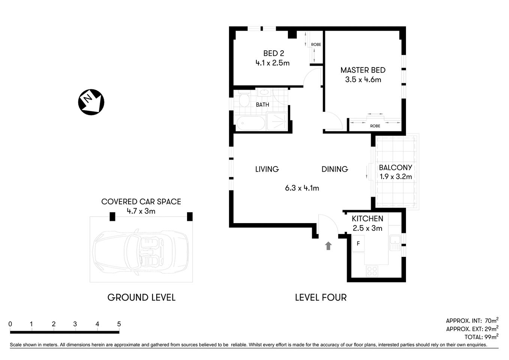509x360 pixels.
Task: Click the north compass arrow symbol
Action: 91,102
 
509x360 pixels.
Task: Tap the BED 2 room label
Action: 273,54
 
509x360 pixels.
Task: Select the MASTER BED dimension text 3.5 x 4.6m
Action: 363,79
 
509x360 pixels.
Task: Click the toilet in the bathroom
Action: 244,99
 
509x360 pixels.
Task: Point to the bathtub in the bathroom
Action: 250,123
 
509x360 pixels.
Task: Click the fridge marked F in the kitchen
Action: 358,244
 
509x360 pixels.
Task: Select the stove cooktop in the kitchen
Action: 372,271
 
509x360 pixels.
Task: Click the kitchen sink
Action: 395,243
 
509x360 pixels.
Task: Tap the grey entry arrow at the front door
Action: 328,246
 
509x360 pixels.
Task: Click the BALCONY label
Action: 395,168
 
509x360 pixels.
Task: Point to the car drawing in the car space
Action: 141,249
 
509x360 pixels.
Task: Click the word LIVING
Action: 267,169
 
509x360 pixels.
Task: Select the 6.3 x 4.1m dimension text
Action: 302,188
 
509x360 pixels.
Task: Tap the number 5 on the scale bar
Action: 119,324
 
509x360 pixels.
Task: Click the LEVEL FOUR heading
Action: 320,297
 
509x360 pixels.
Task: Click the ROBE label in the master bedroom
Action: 375,126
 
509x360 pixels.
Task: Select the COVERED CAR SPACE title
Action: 141,202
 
